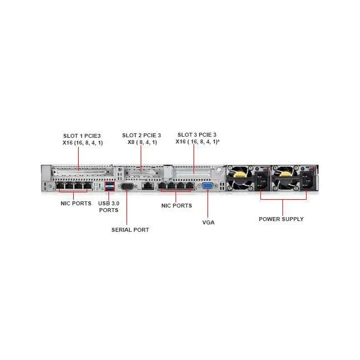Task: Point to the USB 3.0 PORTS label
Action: click(x=109, y=206)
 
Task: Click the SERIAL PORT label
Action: click(x=130, y=229)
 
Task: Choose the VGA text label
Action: click(x=208, y=222)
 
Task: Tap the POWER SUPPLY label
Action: click(x=281, y=219)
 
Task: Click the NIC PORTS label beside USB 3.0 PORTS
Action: click(x=76, y=203)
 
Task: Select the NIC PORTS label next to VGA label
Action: click(x=177, y=205)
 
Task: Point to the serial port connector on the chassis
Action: click(x=127, y=186)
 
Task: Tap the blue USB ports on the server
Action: click(x=109, y=186)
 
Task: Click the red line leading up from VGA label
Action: click(x=208, y=204)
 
